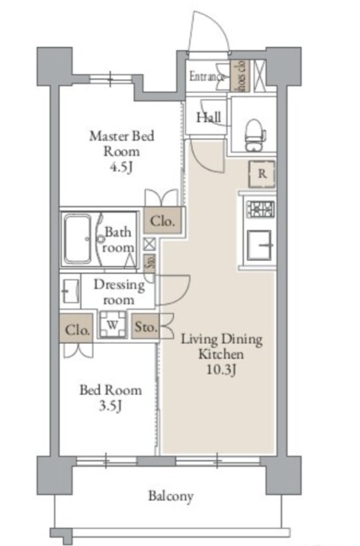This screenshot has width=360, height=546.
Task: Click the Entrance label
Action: pyautogui.click(x=207, y=77)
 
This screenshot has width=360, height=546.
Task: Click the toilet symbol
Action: pyautogui.click(x=253, y=130)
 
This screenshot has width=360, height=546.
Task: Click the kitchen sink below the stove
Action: pyautogui.click(x=259, y=247)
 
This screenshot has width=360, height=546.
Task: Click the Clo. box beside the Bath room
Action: pyautogui.click(x=162, y=221)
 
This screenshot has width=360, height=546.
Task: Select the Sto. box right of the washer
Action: pyautogui.click(x=145, y=327)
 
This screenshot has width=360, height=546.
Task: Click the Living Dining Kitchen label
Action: pyautogui.click(x=222, y=346)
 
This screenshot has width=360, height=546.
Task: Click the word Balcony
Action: pyautogui.click(x=171, y=496)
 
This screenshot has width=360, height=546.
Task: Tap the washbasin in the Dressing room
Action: pyautogui.click(x=68, y=292)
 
